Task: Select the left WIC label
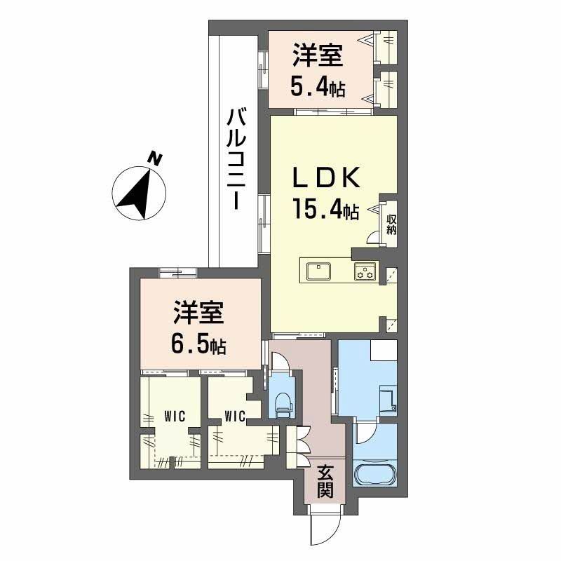click(174, 416)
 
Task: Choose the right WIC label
click(234, 417)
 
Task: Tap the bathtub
click(377, 475)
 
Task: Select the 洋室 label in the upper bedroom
click(318, 55)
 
